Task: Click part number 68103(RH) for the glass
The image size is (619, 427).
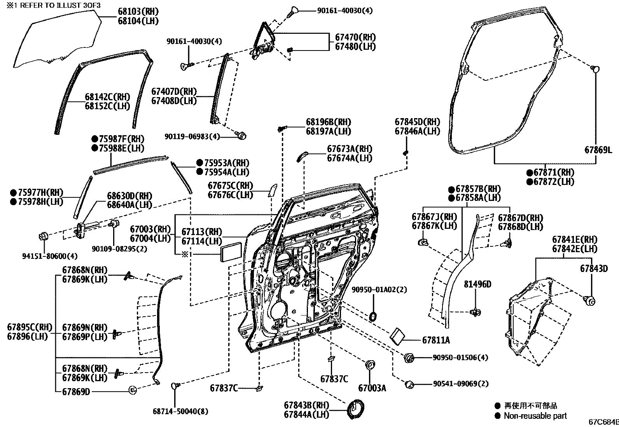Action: click(x=138, y=12)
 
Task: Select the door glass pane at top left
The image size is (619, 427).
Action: click(x=54, y=39)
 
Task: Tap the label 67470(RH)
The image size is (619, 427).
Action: click(x=355, y=37)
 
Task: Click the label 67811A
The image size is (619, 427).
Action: click(x=435, y=340)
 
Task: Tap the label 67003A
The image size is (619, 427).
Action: click(x=372, y=388)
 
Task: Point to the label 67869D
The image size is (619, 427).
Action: click(x=76, y=391)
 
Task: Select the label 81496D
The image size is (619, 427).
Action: click(x=477, y=284)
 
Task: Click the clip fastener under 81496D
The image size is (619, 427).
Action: click(x=476, y=312)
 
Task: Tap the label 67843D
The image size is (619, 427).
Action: click(x=594, y=268)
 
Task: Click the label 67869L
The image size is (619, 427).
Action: click(x=598, y=149)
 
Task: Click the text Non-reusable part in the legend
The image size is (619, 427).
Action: click(x=535, y=416)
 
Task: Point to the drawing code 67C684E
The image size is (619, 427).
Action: click(x=603, y=422)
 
